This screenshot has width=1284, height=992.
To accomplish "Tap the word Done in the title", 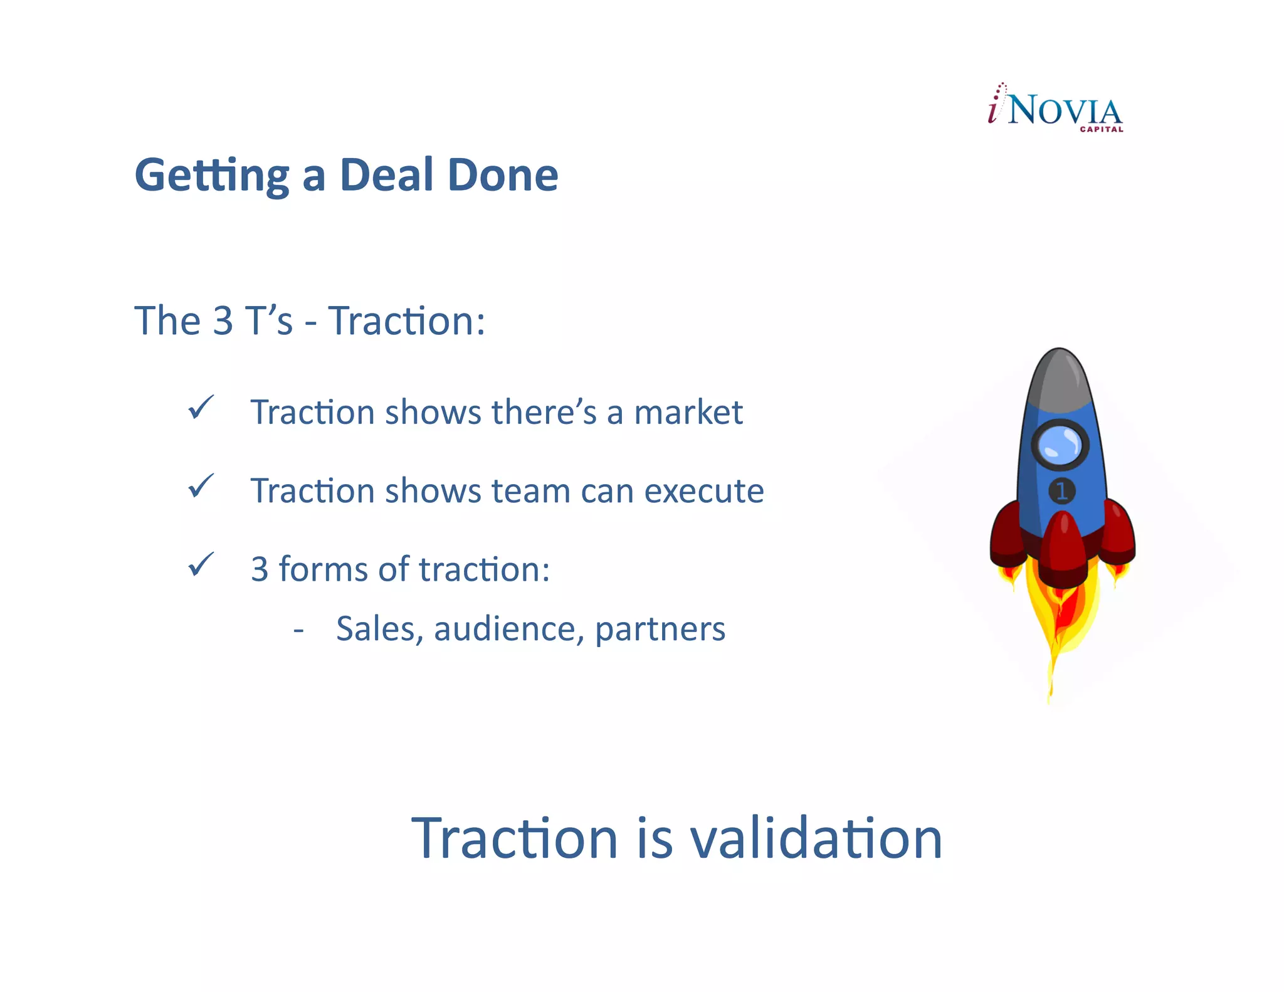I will pos(503,175).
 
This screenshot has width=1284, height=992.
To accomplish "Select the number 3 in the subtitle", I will pos(223,321).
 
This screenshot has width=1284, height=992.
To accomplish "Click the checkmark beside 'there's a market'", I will pos(201,408).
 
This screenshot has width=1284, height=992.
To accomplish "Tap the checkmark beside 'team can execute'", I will pos(201,487).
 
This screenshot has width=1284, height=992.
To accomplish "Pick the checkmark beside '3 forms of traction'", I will pos(201,565).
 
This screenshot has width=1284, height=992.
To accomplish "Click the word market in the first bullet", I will pos(688,413).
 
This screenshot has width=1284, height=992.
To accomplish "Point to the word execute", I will pos(704,491).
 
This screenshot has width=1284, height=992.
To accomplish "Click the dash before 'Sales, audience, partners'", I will pos(298,630).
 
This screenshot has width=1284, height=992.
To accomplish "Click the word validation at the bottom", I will pos(816,839).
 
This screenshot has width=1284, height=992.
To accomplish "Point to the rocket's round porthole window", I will pos(1060,445).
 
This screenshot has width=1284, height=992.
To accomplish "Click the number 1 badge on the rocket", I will pos(1061,491).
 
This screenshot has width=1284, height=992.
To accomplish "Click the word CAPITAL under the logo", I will pos(1101,130).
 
